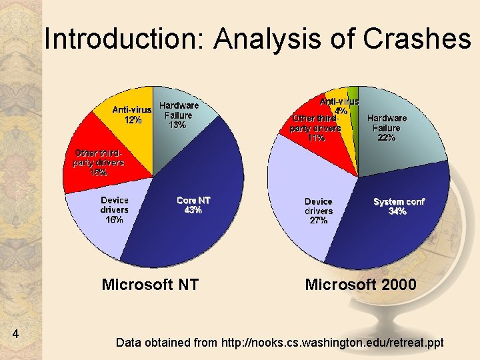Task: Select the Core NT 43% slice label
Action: pos(193,205)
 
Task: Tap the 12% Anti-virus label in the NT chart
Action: pos(132,115)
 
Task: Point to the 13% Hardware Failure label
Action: pos(179,115)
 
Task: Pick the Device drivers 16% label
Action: pos(115,209)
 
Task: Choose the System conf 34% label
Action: pos(399,206)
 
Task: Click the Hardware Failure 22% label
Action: pos(387,127)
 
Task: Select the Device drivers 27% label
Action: pos(319,211)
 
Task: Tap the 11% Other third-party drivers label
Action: pos(315,128)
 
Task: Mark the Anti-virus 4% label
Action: pos(340,105)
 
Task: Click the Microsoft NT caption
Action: pos(150,285)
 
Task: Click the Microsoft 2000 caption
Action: pos(361,285)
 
